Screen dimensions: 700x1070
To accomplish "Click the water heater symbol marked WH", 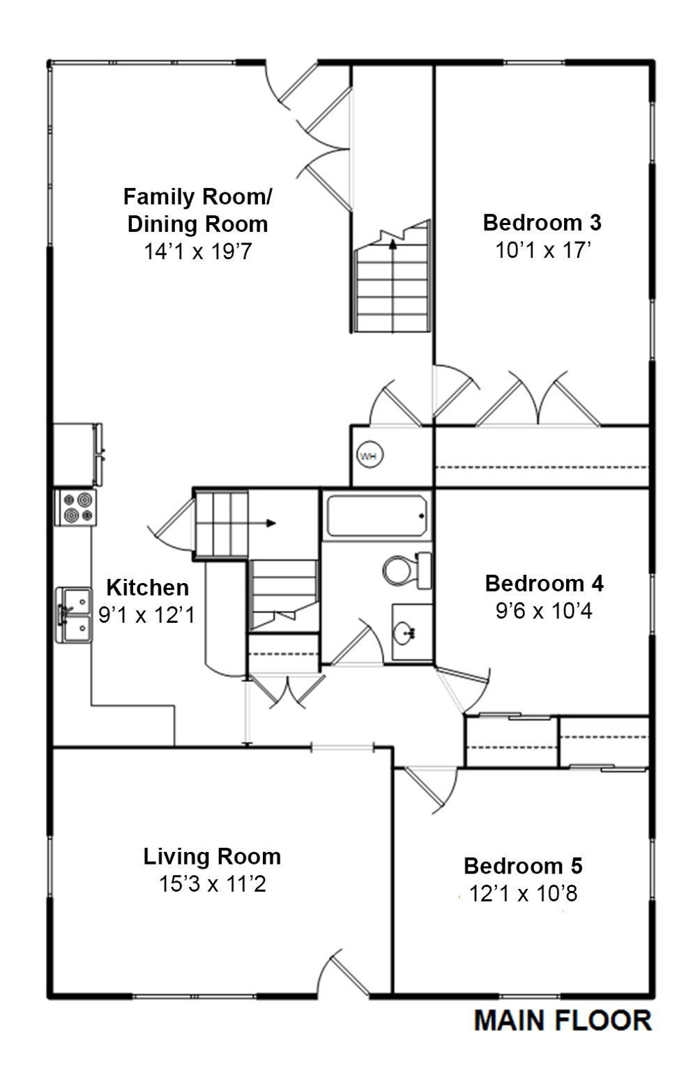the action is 370,454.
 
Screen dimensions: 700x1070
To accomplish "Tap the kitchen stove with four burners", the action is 75,508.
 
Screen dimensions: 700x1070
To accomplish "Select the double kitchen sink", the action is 74,615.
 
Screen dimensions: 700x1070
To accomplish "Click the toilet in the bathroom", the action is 407,571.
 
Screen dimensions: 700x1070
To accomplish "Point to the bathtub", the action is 376,516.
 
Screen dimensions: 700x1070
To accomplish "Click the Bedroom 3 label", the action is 542,223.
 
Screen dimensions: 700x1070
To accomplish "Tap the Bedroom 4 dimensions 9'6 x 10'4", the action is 544,611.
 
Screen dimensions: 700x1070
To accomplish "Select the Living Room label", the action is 212,857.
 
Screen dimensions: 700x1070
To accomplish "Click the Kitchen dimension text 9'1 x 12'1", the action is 147,615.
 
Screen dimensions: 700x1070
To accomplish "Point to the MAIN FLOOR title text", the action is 563,1021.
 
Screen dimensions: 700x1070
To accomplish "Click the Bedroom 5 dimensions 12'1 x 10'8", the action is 523,893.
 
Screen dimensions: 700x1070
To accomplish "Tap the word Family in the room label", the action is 160,197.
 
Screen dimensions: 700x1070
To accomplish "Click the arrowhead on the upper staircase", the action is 393,244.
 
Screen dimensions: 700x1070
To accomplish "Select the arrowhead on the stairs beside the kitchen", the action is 271,523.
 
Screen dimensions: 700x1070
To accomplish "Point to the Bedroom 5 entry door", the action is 430,788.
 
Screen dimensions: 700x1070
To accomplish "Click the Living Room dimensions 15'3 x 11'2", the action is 212,884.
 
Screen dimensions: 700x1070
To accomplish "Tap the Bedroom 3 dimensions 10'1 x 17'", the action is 543,250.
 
